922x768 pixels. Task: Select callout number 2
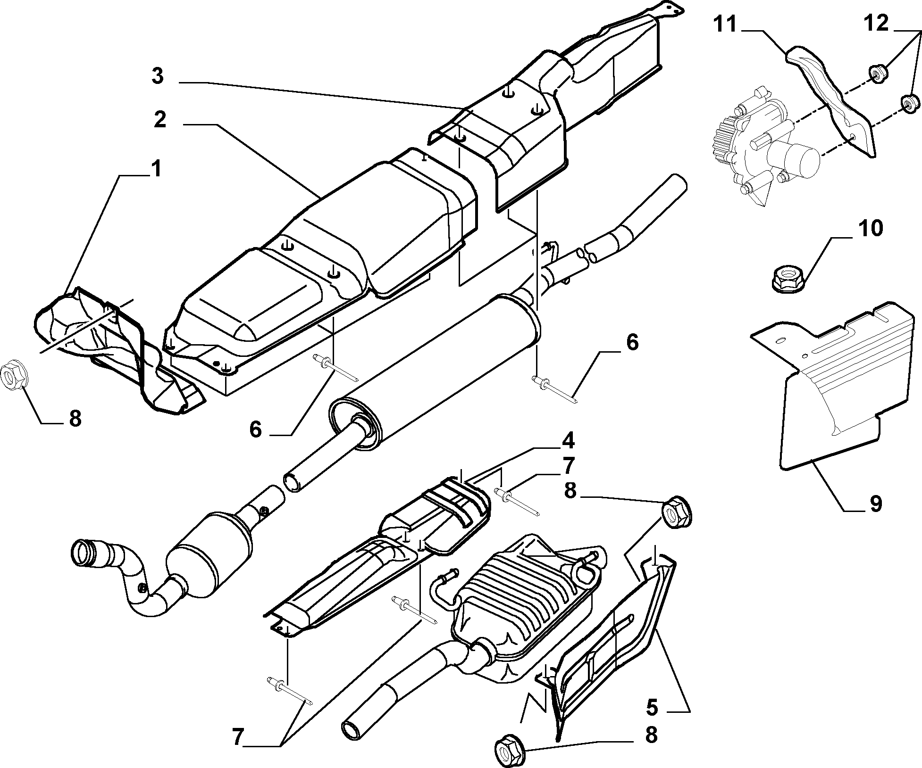click(160, 120)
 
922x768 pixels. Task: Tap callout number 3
click(158, 76)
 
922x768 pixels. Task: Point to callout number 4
click(567, 441)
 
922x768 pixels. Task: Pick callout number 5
click(651, 707)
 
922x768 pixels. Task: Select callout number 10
click(870, 229)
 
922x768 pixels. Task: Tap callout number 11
click(725, 25)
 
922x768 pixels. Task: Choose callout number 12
click(876, 23)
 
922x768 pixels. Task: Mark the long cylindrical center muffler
click(435, 370)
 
